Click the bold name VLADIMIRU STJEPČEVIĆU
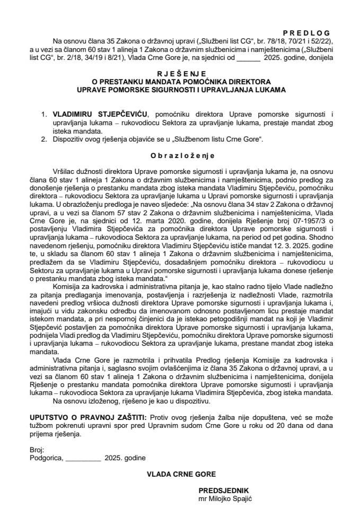click(102, 114)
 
